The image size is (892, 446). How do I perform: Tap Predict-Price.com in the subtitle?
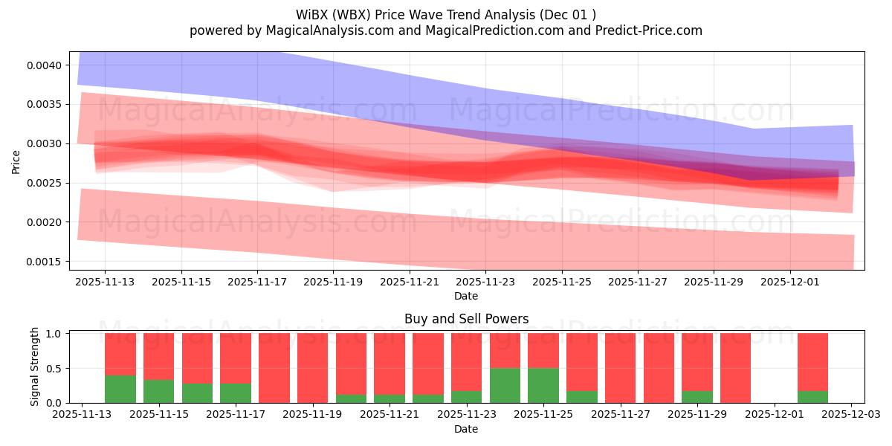point(643,30)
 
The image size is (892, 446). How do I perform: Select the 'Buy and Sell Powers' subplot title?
point(466,319)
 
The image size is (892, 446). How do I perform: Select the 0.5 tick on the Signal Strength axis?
point(55,369)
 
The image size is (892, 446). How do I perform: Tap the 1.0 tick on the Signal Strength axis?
point(55,334)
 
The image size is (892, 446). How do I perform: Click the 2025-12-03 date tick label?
point(852,415)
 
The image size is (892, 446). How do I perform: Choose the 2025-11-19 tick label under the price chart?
point(333,282)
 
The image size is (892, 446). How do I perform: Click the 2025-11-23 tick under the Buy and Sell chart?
point(470,415)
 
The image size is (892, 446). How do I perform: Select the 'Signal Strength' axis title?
point(34,366)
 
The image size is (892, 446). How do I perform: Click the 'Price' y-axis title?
point(16,162)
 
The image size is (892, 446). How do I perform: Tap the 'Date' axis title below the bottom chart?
point(466,429)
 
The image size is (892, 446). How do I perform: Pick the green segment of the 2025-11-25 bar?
point(543,385)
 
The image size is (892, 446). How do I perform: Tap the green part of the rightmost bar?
point(812,397)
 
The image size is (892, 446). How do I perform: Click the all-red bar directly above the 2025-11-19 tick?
point(313,368)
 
